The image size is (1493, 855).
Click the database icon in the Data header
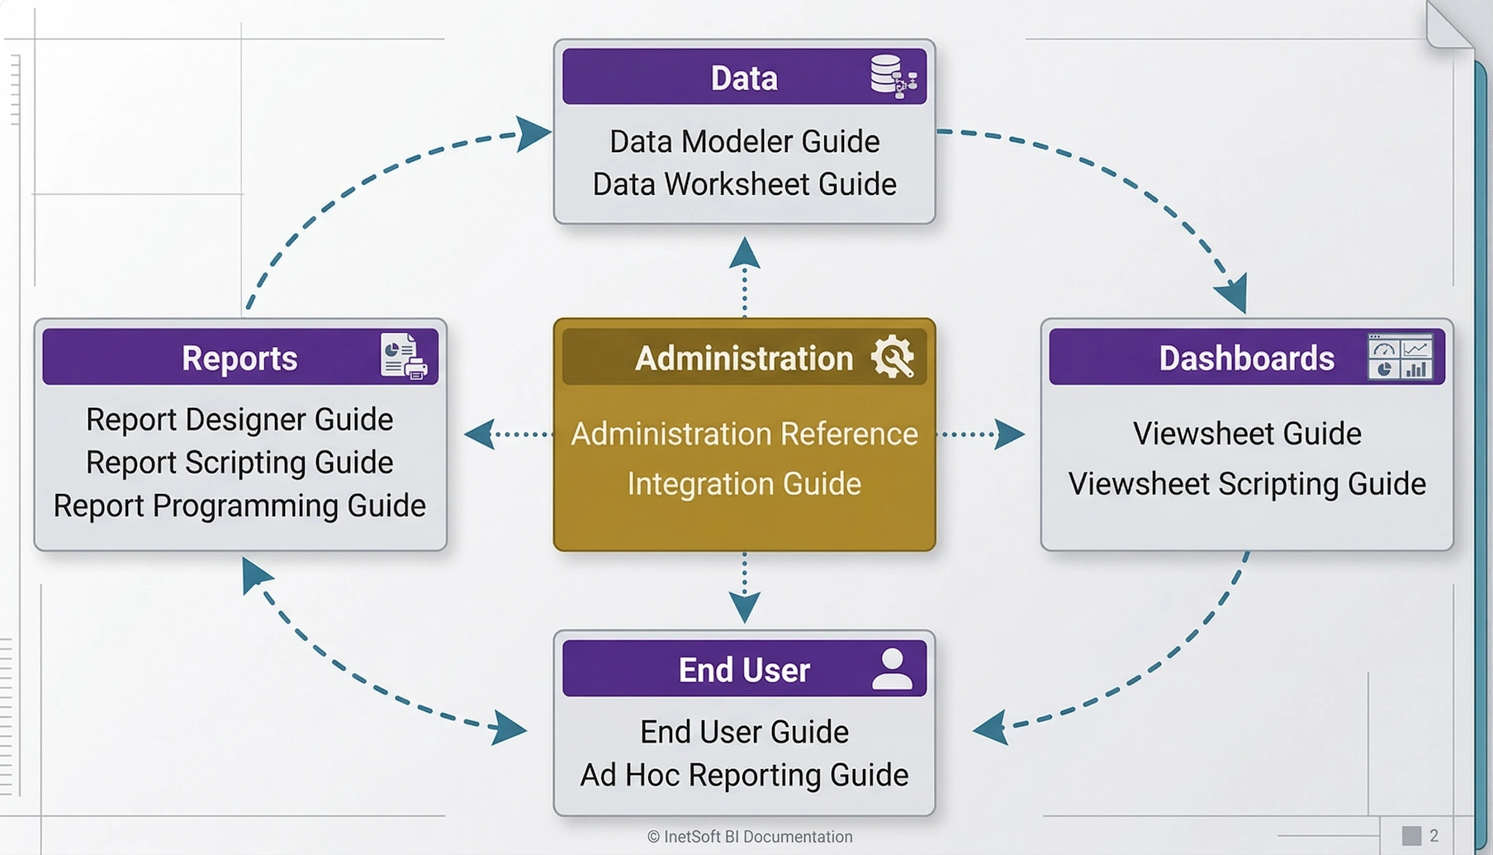893,76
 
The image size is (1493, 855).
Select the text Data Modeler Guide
744,141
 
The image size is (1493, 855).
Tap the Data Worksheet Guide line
744,184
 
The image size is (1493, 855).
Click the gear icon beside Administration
892,357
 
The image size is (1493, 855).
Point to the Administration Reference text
744,434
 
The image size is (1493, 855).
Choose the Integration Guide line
744,483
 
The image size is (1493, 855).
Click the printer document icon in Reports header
403,356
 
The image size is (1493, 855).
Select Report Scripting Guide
239,463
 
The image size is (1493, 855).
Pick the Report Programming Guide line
239,506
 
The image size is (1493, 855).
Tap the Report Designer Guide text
239,420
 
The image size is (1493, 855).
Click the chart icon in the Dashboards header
1400,357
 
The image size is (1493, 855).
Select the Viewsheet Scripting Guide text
1247,484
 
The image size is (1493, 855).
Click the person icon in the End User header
892,668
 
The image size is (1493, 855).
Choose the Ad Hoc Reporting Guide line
744,775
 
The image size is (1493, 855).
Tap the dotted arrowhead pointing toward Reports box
479,434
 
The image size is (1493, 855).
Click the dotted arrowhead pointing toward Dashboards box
1009,434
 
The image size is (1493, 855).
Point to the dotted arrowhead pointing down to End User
745,607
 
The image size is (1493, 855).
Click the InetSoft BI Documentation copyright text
750,837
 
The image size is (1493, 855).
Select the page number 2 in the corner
1434,836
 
